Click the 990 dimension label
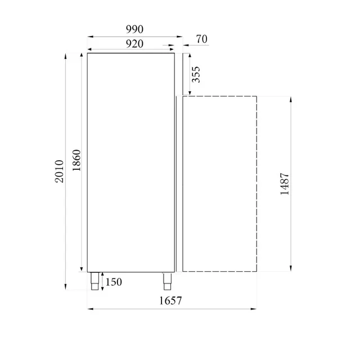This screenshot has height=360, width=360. tap(135, 29)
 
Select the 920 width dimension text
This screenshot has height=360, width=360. tap(134, 43)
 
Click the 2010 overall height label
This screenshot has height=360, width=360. tap(60, 171)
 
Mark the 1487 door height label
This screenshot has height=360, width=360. tap(285, 183)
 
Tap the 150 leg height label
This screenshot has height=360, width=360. tap(113, 282)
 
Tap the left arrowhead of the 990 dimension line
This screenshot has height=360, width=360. tap(89, 37)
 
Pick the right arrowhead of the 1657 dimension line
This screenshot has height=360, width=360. tap(255, 308)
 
